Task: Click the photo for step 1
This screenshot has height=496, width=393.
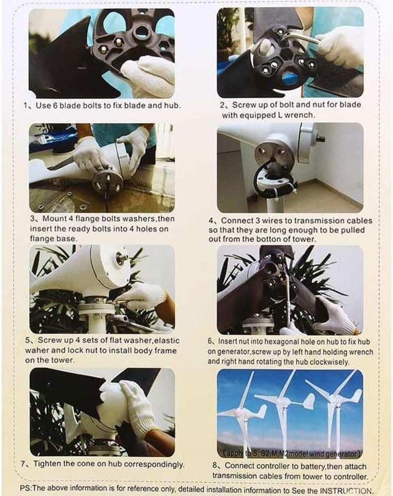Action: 102,53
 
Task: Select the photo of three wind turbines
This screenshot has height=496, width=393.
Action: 290,413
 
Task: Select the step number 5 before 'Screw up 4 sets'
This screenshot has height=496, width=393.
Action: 28,341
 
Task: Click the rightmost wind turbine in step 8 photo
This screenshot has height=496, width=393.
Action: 335,407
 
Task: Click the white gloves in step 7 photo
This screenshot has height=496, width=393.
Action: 126,404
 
